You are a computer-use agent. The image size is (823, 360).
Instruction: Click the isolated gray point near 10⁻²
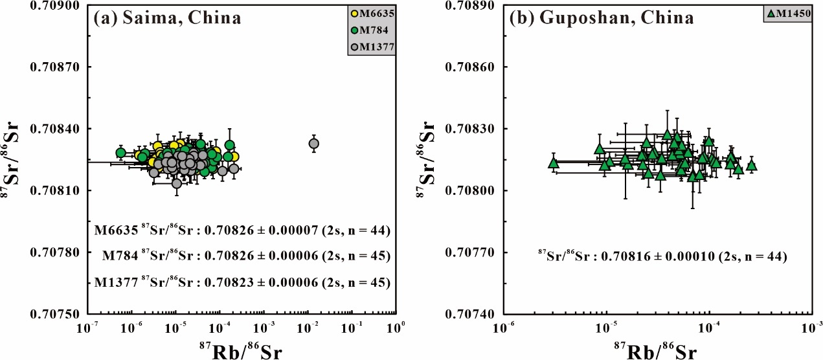point(314,144)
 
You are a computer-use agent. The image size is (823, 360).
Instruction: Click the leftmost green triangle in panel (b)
point(554,162)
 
